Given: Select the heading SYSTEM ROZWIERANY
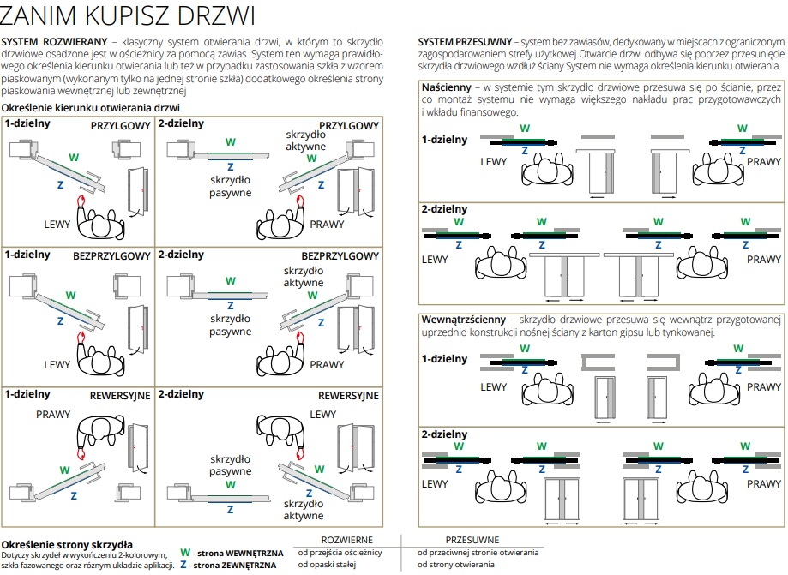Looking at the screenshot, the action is click(x=54, y=42).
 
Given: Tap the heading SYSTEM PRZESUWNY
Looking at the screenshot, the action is click(x=465, y=42).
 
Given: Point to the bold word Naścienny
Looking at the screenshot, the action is click(x=446, y=87).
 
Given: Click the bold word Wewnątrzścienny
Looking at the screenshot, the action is click(x=463, y=320).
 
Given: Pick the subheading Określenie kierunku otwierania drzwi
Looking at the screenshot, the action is click(x=90, y=107).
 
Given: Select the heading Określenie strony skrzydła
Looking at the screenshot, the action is click(x=67, y=544).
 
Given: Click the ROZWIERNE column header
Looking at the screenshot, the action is click(x=346, y=540).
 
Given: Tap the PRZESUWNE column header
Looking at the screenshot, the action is click(x=472, y=540).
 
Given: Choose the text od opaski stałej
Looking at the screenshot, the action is click(x=327, y=565).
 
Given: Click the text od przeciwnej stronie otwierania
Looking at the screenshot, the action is click(x=478, y=553).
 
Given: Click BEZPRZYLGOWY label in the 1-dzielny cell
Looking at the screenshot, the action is click(x=111, y=256).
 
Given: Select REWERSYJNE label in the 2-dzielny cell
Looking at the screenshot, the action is click(x=348, y=396).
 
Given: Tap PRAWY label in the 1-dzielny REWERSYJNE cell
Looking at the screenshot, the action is click(x=53, y=414).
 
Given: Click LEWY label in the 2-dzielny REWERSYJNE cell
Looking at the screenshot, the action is click(x=322, y=414).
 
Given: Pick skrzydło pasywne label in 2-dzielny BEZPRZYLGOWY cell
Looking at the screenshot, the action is click(x=230, y=325).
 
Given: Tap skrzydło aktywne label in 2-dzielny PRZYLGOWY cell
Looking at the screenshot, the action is click(x=305, y=141).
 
